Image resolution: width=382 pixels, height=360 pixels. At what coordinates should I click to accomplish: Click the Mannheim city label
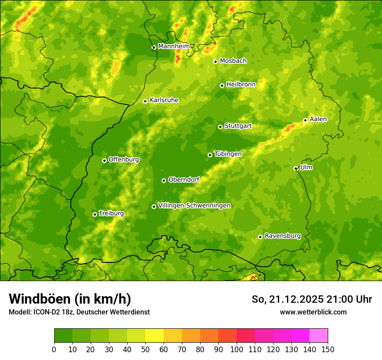pyautogui.click(x=174, y=46)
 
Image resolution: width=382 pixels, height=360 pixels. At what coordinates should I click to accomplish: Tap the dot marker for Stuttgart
pyautogui.click(x=220, y=127)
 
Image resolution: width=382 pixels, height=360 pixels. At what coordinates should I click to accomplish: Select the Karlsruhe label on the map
pyautogui.click(x=164, y=100)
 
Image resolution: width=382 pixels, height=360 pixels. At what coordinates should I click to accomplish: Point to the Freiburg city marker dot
pyautogui.click(x=95, y=214)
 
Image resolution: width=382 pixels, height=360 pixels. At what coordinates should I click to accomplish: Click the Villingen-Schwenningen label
pyautogui.click(x=194, y=206)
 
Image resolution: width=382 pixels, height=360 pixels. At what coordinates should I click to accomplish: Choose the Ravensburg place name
pyautogui.click(x=283, y=236)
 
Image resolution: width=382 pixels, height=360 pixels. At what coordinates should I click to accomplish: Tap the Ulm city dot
pyautogui.click(x=296, y=168)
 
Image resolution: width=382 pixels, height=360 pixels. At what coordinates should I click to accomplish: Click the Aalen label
pyautogui.click(x=318, y=119)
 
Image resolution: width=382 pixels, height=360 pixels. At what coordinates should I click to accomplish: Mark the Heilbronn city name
pyautogui.click(x=241, y=85)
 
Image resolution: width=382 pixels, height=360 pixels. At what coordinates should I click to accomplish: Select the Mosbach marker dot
pyautogui.click(x=215, y=62)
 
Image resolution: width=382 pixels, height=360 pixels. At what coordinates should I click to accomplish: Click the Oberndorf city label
pyautogui.click(x=184, y=180)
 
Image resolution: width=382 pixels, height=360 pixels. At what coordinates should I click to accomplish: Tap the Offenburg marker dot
pyautogui.click(x=104, y=160)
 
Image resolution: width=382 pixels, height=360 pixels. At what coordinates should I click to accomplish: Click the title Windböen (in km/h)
pyautogui.click(x=70, y=299)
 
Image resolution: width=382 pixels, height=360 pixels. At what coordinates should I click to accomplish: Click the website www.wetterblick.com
pyautogui.click(x=313, y=312)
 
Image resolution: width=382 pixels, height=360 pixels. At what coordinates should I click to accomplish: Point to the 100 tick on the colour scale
pyautogui.click(x=237, y=349)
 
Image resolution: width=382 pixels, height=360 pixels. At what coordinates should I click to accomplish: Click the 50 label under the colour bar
pyautogui.click(x=145, y=349)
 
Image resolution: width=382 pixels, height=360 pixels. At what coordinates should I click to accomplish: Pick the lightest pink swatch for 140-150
pyautogui.click(x=319, y=336)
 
